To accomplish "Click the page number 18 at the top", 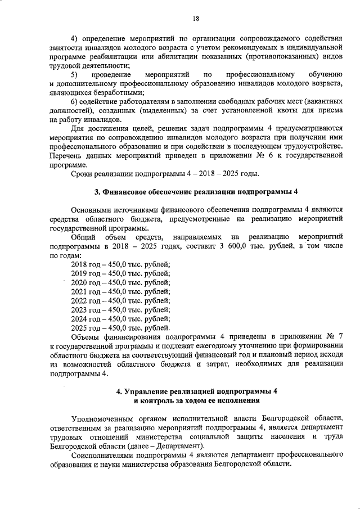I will (196, 18).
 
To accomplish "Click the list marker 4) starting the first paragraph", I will (75, 38).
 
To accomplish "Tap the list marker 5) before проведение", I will (75, 75).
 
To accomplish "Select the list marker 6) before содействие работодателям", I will (75, 102).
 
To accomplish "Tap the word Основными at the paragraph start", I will (91, 210).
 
